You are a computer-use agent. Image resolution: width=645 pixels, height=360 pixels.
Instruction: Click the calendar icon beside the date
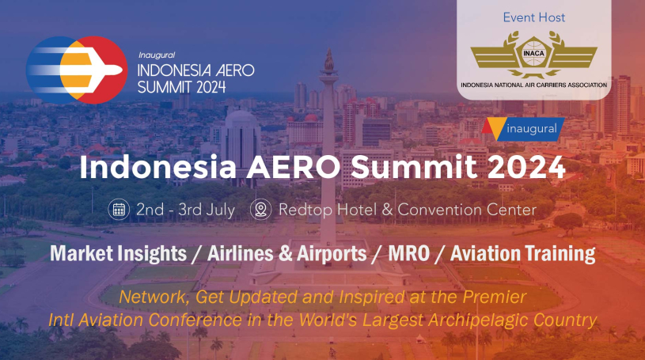pos(119,210)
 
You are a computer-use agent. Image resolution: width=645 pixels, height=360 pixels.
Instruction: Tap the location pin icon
pos(261,210)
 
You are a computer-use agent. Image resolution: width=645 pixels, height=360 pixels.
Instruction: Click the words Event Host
pos(534,17)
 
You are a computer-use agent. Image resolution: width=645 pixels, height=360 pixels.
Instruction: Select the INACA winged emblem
pos(534,55)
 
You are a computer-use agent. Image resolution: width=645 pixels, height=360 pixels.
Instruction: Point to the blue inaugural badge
pos(523,129)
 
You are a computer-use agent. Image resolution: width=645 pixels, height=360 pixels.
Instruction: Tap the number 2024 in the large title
pos(526,168)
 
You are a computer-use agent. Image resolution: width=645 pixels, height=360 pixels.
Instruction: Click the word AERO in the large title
pos(293,168)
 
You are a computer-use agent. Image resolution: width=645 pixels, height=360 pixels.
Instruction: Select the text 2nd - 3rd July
pos(185,210)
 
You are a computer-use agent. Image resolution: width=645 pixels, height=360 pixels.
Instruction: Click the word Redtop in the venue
pos(305,210)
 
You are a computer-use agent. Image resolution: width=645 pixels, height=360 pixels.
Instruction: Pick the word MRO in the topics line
pos(409,253)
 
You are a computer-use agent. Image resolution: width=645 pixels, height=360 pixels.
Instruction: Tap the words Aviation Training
pos(523,254)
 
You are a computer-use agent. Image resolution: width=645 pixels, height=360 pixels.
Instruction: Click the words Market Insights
pos(119,254)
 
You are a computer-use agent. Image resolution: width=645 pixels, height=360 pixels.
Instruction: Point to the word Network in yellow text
pos(154,297)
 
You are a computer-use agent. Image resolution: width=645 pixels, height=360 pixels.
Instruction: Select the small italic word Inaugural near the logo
pos(157,55)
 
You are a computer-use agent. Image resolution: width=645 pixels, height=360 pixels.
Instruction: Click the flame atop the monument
pos(329,60)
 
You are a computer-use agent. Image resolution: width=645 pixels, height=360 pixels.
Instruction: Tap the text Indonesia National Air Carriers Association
pos(534,85)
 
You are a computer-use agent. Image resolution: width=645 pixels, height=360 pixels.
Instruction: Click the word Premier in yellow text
pos(495,297)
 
